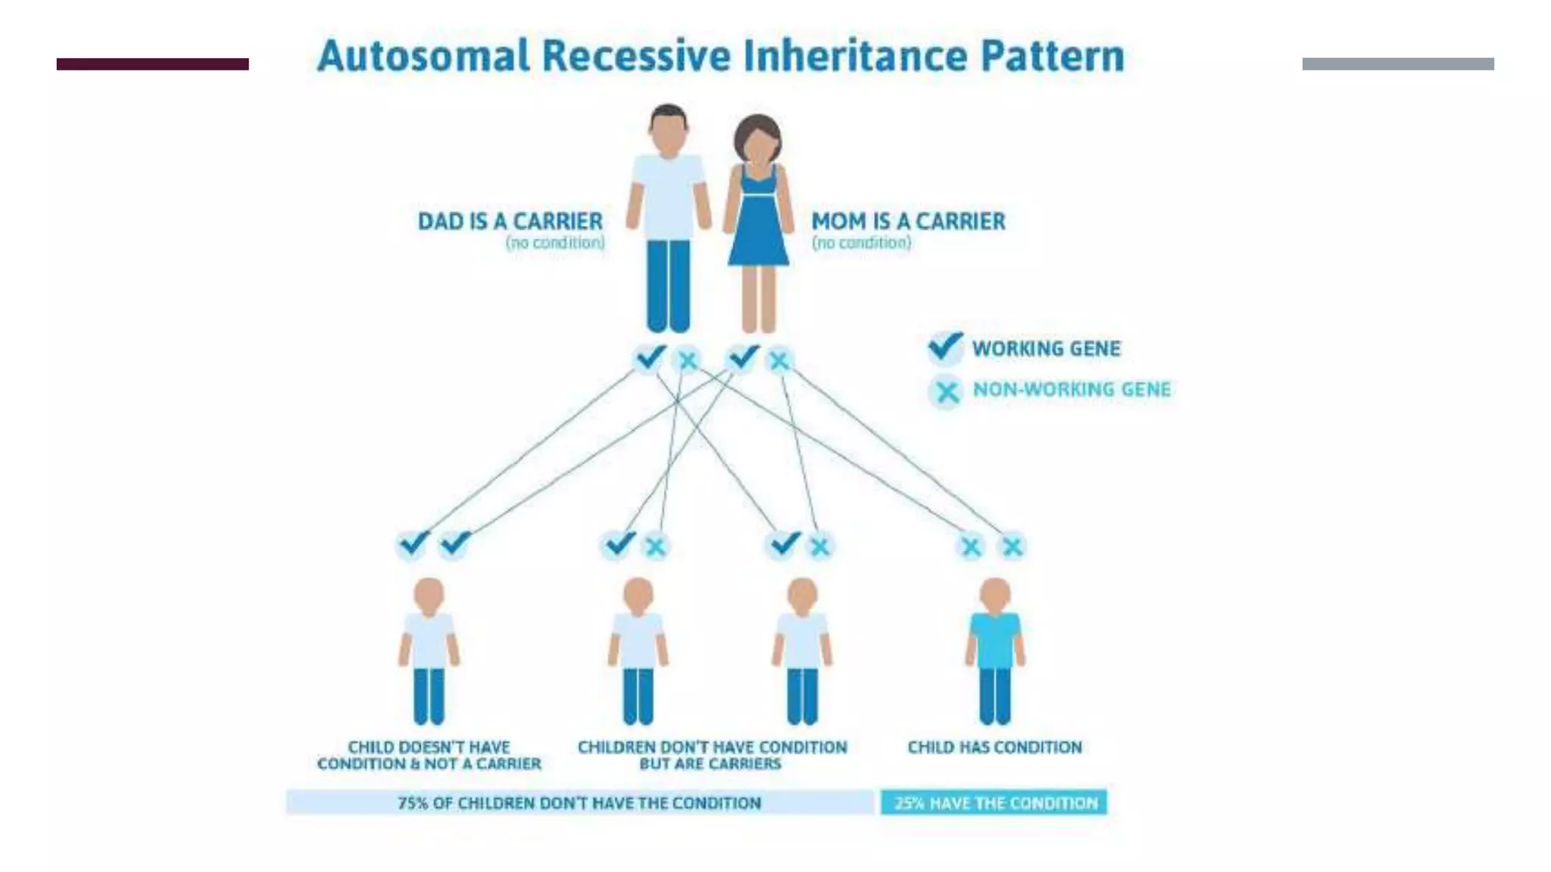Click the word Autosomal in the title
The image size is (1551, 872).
pyautogui.click(x=423, y=56)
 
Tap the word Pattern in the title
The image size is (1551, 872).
pyautogui.click(x=1052, y=56)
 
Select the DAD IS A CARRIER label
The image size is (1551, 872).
pyautogui.click(x=510, y=221)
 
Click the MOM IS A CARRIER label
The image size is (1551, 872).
pyautogui.click(x=908, y=221)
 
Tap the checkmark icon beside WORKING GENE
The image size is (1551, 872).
pyautogui.click(x=945, y=347)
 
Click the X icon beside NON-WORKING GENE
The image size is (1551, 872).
pyautogui.click(x=946, y=391)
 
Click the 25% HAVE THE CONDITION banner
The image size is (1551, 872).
pyautogui.click(x=994, y=803)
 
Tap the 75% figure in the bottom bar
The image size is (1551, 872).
pyautogui.click(x=413, y=803)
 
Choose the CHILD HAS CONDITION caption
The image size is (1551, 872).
pyautogui.click(x=994, y=747)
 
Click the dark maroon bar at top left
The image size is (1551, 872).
pyautogui.click(x=152, y=64)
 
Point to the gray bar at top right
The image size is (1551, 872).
pyautogui.click(x=1398, y=64)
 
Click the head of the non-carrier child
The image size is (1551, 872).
pyautogui.click(x=429, y=594)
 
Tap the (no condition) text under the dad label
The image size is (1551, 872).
pyautogui.click(x=555, y=243)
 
